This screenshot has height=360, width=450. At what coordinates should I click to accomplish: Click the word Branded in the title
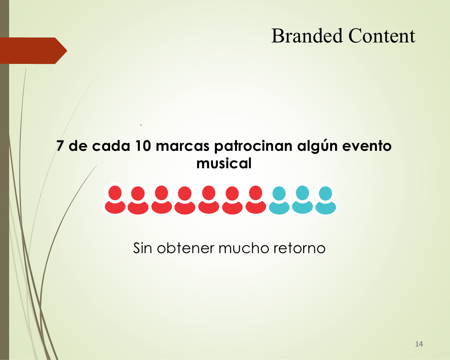307,36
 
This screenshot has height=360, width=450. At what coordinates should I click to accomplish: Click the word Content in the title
382,36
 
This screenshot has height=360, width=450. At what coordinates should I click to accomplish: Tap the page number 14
419,344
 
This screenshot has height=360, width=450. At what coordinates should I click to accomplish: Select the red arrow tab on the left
33,50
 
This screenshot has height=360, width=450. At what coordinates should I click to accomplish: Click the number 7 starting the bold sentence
60,146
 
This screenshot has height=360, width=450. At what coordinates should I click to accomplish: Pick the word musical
224,164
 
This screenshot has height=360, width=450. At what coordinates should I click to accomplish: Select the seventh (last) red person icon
255,200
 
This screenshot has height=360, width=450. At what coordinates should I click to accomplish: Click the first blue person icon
279,200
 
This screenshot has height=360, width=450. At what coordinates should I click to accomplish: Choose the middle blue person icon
303,200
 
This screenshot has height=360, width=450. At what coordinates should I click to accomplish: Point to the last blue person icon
325,200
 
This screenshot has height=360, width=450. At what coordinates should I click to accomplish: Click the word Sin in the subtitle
142,248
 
